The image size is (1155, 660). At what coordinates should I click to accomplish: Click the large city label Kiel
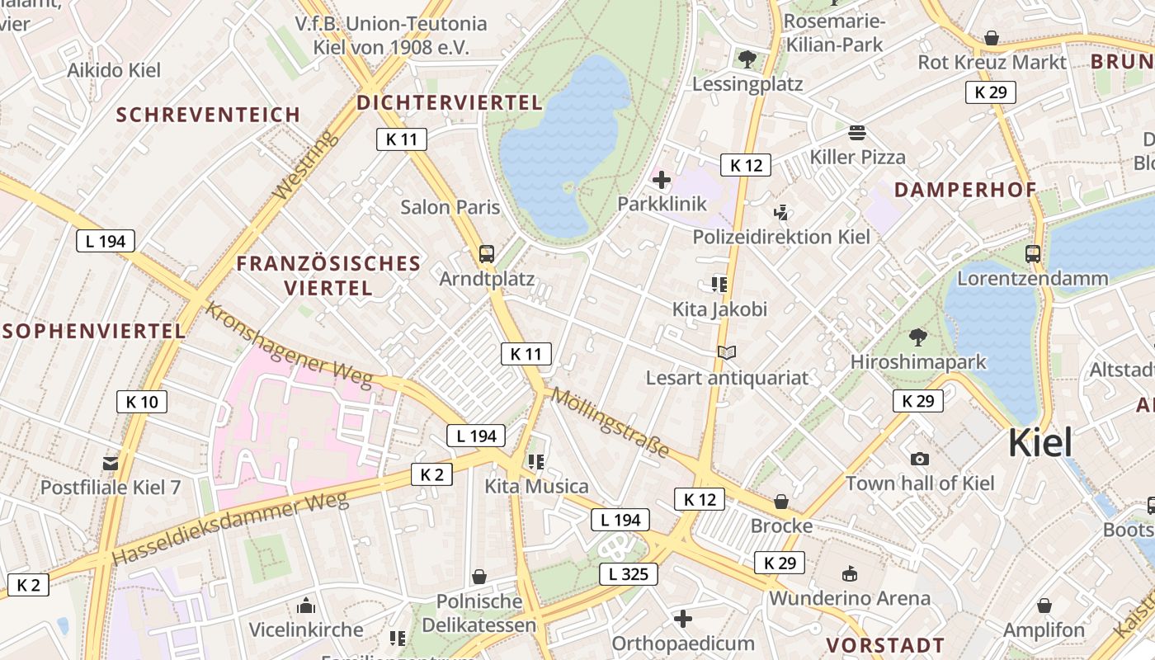pyautogui.click(x=1040, y=443)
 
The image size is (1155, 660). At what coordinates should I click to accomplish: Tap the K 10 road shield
pyautogui.click(x=142, y=402)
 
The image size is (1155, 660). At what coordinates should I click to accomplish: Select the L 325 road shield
pyautogui.click(x=628, y=574)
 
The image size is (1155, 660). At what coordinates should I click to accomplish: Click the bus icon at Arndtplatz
pyautogui.click(x=487, y=253)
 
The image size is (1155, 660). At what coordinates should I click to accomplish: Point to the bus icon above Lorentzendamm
pyautogui.click(x=1032, y=253)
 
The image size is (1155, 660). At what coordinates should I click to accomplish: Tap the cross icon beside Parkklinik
pyautogui.click(x=662, y=179)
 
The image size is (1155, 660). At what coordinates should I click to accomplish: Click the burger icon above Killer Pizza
pyautogui.click(x=857, y=133)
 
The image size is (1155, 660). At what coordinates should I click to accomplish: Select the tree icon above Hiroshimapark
pyautogui.click(x=917, y=337)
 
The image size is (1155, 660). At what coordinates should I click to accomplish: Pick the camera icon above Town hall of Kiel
pyautogui.click(x=919, y=459)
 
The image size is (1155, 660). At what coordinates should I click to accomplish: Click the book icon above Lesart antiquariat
pyautogui.click(x=726, y=353)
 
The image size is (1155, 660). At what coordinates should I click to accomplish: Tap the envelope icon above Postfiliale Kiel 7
pyautogui.click(x=111, y=463)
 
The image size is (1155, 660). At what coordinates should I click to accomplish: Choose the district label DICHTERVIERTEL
pyautogui.click(x=450, y=102)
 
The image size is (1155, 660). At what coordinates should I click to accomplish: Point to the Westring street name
pyautogui.click(x=305, y=165)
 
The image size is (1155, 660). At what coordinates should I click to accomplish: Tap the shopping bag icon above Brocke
pyautogui.click(x=780, y=502)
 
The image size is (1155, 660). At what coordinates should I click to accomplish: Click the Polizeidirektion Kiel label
pyautogui.click(x=781, y=237)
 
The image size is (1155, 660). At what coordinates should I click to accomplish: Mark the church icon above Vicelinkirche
pyautogui.click(x=306, y=606)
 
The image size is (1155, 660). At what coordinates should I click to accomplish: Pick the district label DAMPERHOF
pyautogui.click(x=964, y=190)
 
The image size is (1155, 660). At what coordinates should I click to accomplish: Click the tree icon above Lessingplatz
pyautogui.click(x=747, y=59)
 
